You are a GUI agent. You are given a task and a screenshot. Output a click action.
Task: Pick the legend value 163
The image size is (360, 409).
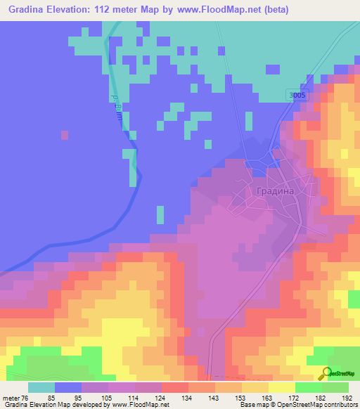268,397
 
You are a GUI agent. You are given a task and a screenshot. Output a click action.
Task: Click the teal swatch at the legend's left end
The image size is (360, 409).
41,387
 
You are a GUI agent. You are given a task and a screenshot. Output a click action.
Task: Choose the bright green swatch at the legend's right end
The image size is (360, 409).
335,387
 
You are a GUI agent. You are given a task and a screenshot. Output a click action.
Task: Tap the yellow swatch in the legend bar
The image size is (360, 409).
281,387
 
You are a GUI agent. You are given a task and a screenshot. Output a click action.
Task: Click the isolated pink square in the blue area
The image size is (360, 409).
65,134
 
